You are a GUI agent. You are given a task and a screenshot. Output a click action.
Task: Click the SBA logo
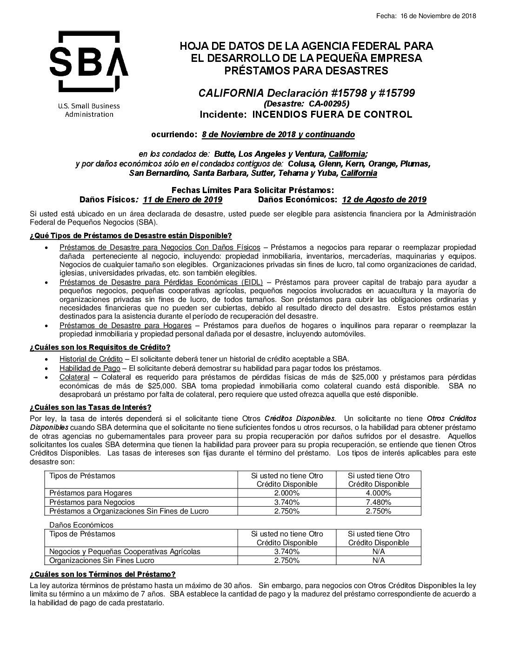[88, 62]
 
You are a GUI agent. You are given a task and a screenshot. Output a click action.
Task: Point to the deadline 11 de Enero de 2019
[182, 200]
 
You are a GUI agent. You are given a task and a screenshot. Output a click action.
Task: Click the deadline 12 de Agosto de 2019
[384, 200]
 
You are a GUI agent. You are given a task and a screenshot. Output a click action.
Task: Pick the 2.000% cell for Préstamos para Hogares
[286, 493]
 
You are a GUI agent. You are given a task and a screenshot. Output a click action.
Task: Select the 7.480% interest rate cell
[379, 502]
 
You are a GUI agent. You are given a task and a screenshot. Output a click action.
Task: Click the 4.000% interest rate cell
[379, 493]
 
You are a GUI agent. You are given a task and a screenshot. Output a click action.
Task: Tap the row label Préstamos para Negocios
[92, 502]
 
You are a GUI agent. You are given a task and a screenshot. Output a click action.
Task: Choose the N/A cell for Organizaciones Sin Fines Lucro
[379, 560]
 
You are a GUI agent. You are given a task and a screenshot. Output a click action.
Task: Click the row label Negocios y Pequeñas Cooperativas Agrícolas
[125, 551]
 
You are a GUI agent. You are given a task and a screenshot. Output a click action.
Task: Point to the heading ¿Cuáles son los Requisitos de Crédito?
[100, 348]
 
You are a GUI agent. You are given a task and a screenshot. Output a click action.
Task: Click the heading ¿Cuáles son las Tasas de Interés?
[90, 408]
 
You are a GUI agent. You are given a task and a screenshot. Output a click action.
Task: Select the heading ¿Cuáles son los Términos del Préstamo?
[102, 574]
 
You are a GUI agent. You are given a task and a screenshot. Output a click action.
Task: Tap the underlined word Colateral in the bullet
[74, 377]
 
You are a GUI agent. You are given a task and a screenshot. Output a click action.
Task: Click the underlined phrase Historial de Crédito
[91, 359]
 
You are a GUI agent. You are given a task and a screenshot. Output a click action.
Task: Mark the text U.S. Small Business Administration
[89, 110]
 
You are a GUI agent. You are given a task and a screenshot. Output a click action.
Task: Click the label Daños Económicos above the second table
[81, 525]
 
